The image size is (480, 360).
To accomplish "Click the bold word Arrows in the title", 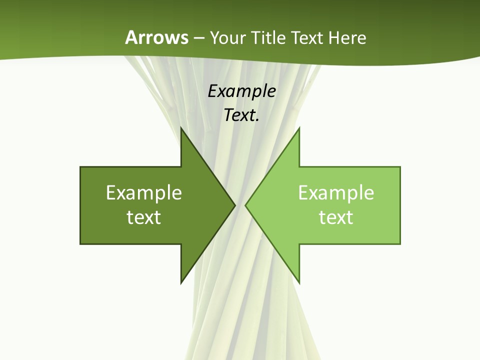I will (x=157, y=37).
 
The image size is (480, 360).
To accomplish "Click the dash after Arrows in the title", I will (x=198, y=38).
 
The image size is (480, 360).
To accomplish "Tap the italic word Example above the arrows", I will (x=241, y=91).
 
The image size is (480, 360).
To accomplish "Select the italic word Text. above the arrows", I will (x=241, y=115).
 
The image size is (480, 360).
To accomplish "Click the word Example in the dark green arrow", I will (x=144, y=193).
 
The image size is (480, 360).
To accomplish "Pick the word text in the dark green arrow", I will (x=144, y=217).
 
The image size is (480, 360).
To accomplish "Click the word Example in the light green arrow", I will (x=336, y=193).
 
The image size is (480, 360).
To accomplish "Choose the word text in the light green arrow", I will (x=336, y=217).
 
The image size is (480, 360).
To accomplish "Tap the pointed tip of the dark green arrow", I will (x=235, y=205).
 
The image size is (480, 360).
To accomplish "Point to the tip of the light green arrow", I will (x=245, y=205).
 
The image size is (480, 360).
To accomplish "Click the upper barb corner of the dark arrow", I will (x=181, y=127).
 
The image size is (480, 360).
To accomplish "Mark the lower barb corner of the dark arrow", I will (x=181, y=283).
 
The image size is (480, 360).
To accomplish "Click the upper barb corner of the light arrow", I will (x=299, y=127).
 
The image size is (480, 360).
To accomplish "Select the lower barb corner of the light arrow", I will (x=299, y=283).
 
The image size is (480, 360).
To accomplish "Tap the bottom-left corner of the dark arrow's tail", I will (x=80, y=244).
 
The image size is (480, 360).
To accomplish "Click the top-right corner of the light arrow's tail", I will (x=400, y=167).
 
